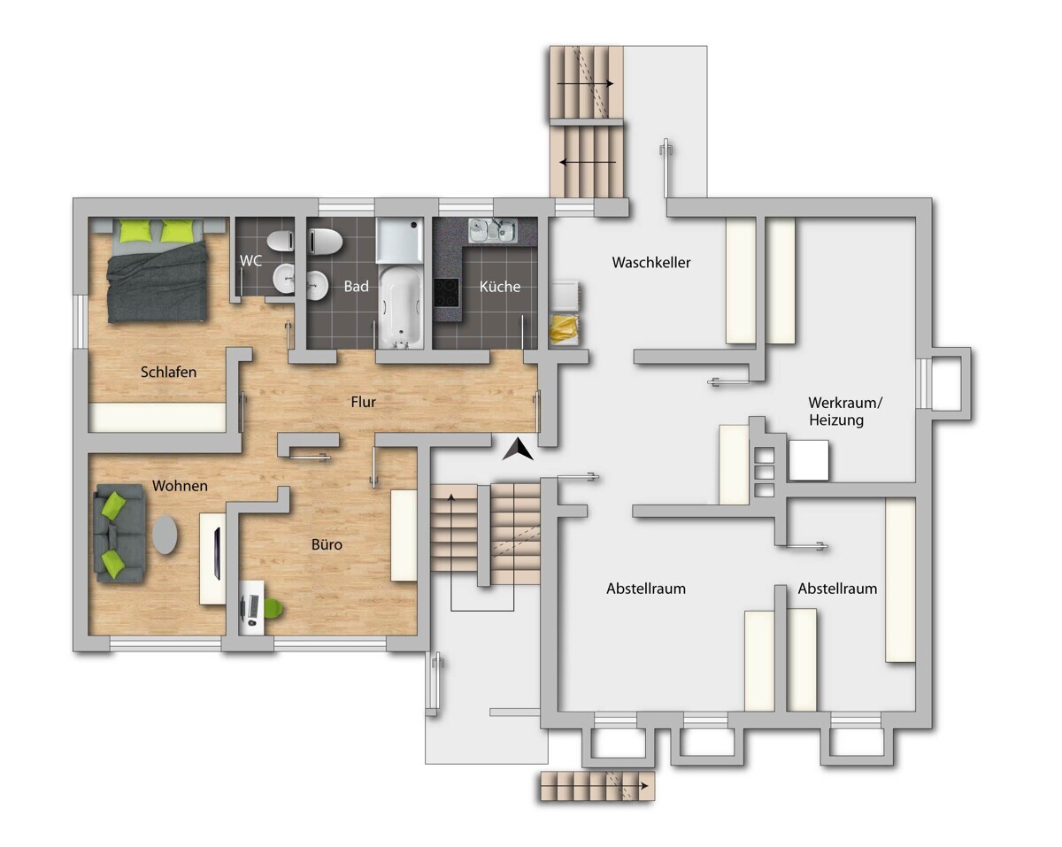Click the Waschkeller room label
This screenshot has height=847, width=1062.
[x=651, y=262]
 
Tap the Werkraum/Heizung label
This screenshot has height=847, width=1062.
[x=845, y=412]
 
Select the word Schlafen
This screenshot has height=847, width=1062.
[x=168, y=372]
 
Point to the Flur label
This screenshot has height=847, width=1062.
[x=363, y=402]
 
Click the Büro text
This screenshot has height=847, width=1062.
[x=327, y=544]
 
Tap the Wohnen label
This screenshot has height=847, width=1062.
[x=180, y=486]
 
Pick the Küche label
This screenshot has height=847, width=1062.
[x=500, y=286]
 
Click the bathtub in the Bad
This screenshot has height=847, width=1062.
[x=401, y=305]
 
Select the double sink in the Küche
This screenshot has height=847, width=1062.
[x=493, y=230]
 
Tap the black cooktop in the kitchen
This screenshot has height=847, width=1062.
[x=447, y=292]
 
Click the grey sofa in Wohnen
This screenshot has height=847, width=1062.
[x=119, y=533]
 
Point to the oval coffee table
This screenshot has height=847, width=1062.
[x=165, y=535]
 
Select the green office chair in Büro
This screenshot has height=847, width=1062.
[x=272, y=609]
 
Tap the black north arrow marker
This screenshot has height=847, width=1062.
[x=518, y=449]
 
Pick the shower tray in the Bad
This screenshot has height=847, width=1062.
[x=400, y=241]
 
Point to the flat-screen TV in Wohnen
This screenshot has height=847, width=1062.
[x=217, y=552]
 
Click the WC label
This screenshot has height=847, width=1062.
[x=250, y=260]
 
